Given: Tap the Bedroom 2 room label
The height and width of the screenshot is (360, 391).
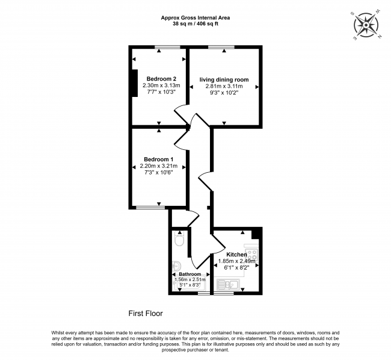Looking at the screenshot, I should pos(161,79).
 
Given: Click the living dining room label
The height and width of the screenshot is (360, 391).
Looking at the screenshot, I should pos(224,79).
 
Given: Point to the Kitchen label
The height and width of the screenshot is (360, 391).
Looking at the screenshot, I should pos(237,255).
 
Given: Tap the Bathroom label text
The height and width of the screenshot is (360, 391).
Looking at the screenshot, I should pos(189,274).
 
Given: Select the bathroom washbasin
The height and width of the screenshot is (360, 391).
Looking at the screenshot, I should pos(176,265).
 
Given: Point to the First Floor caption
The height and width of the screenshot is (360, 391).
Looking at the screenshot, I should pos(146,313).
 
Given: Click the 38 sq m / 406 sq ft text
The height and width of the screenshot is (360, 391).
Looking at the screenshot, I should pos(195,25).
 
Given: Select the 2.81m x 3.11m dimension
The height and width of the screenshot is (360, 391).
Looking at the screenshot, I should pos(224,86).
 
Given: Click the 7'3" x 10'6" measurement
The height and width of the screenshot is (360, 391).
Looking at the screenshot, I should pos(156,173).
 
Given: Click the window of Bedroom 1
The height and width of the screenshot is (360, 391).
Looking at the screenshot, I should pos(149,208).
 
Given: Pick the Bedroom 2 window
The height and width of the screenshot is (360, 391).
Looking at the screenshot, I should pos(162,47).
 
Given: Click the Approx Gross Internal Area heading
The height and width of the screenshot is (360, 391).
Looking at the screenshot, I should pos(195,17).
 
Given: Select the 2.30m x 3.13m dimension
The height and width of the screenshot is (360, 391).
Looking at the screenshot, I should pos(161,86).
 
